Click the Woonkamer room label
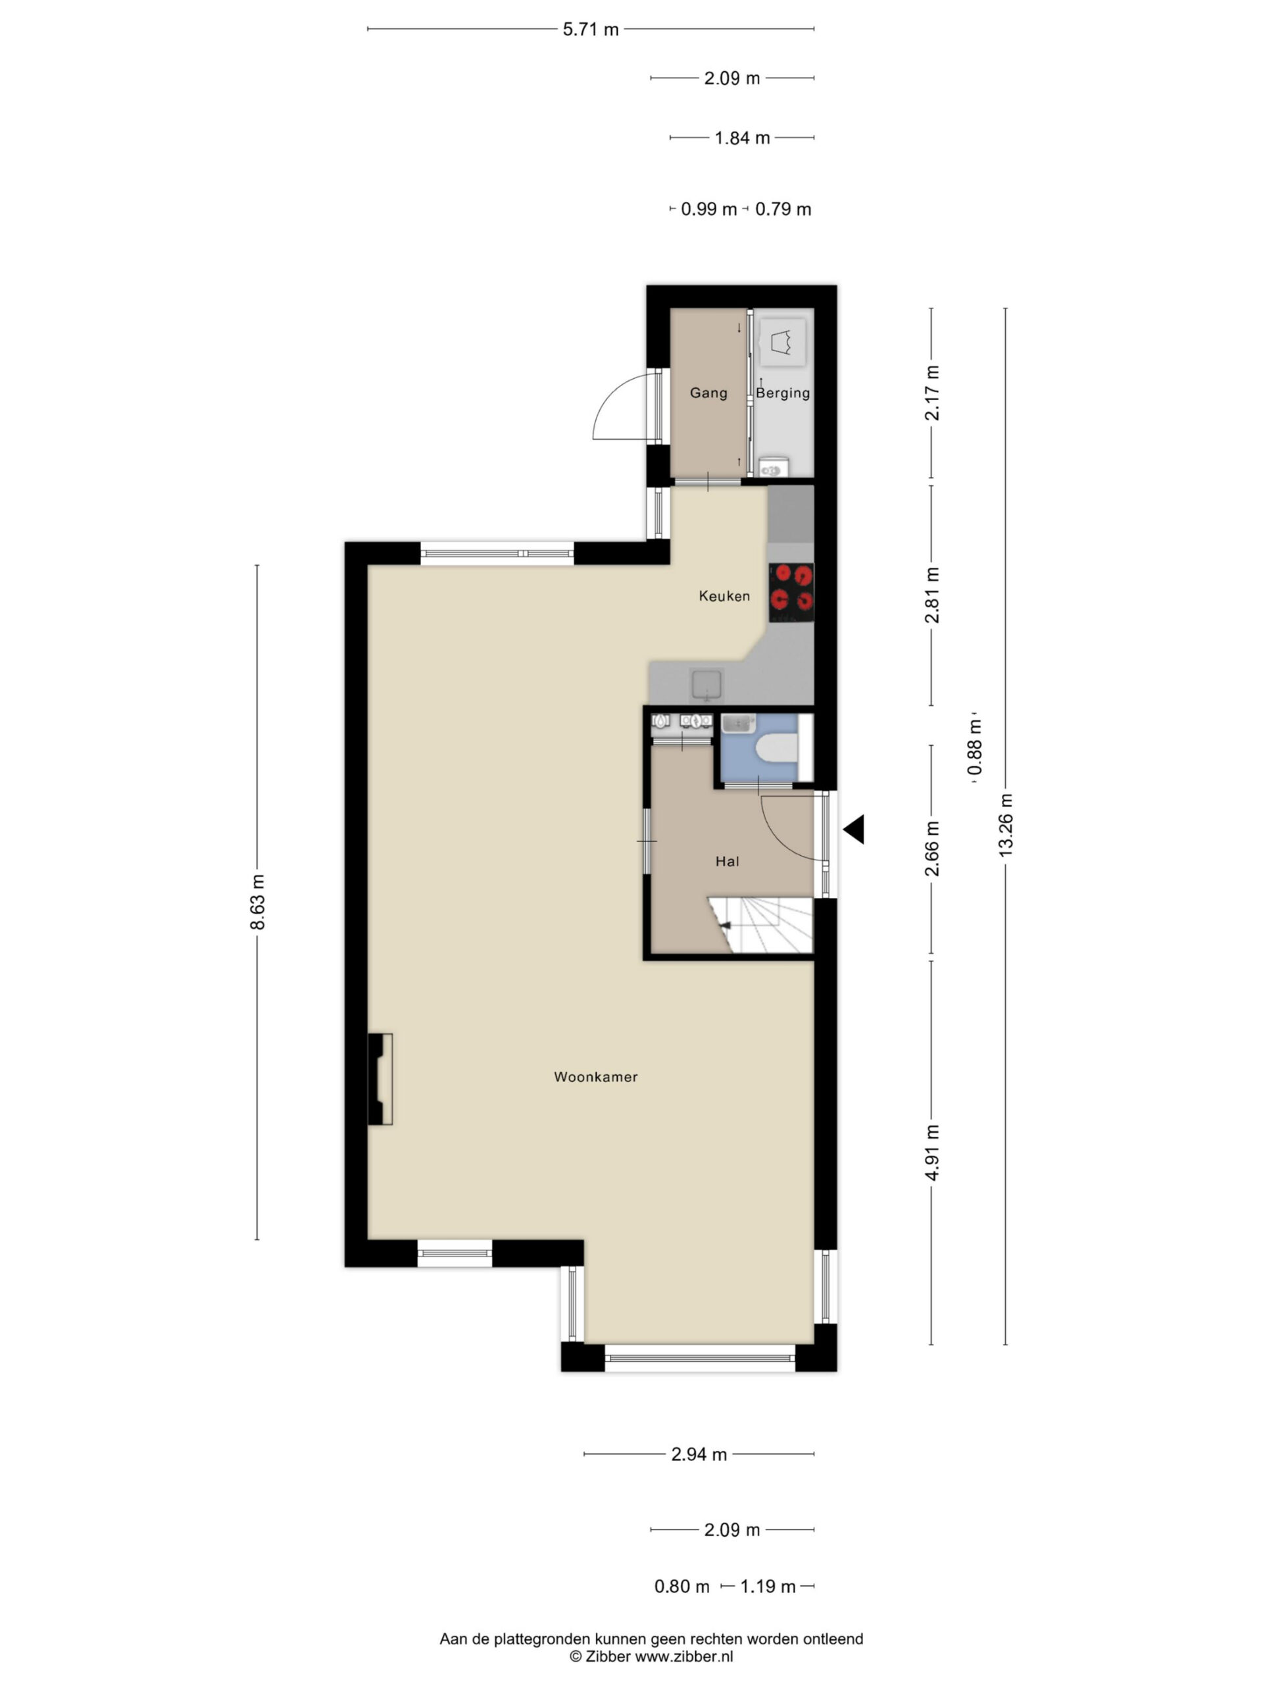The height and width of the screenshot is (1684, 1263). (x=595, y=1076)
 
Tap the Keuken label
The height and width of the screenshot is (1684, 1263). (x=724, y=596)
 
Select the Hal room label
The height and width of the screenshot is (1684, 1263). (x=727, y=861)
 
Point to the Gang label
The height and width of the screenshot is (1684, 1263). (x=708, y=393)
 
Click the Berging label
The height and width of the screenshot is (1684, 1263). (x=783, y=393)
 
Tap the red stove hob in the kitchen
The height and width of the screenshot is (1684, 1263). (x=791, y=592)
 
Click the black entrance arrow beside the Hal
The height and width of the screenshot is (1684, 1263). (x=853, y=829)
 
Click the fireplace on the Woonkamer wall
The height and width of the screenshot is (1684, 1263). (x=380, y=1079)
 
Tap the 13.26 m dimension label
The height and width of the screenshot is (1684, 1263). (x=1006, y=826)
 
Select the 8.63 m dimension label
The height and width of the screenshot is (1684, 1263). (x=258, y=901)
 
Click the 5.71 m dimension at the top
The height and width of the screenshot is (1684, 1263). (x=591, y=30)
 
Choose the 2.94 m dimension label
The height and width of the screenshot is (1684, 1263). (x=699, y=1454)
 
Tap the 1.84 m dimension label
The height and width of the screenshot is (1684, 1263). (x=742, y=137)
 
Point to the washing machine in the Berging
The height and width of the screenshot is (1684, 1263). (x=783, y=343)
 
